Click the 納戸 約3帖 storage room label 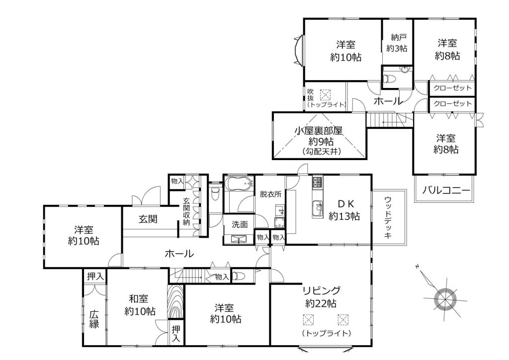click(x=397, y=43)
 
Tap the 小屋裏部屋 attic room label click(x=319, y=131)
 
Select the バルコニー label click(x=446, y=190)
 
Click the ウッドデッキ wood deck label click(x=388, y=217)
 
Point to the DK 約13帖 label click(x=344, y=210)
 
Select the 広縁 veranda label click(x=94, y=319)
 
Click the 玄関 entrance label click(x=148, y=219)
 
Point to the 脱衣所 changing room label click(x=270, y=194)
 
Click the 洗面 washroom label click(x=240, y=224)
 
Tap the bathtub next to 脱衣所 click(x=239, y=185)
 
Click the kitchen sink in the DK click(x=318, y=209)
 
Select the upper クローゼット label click(x=452, y=88)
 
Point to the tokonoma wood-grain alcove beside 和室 click(x=175, y=301)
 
